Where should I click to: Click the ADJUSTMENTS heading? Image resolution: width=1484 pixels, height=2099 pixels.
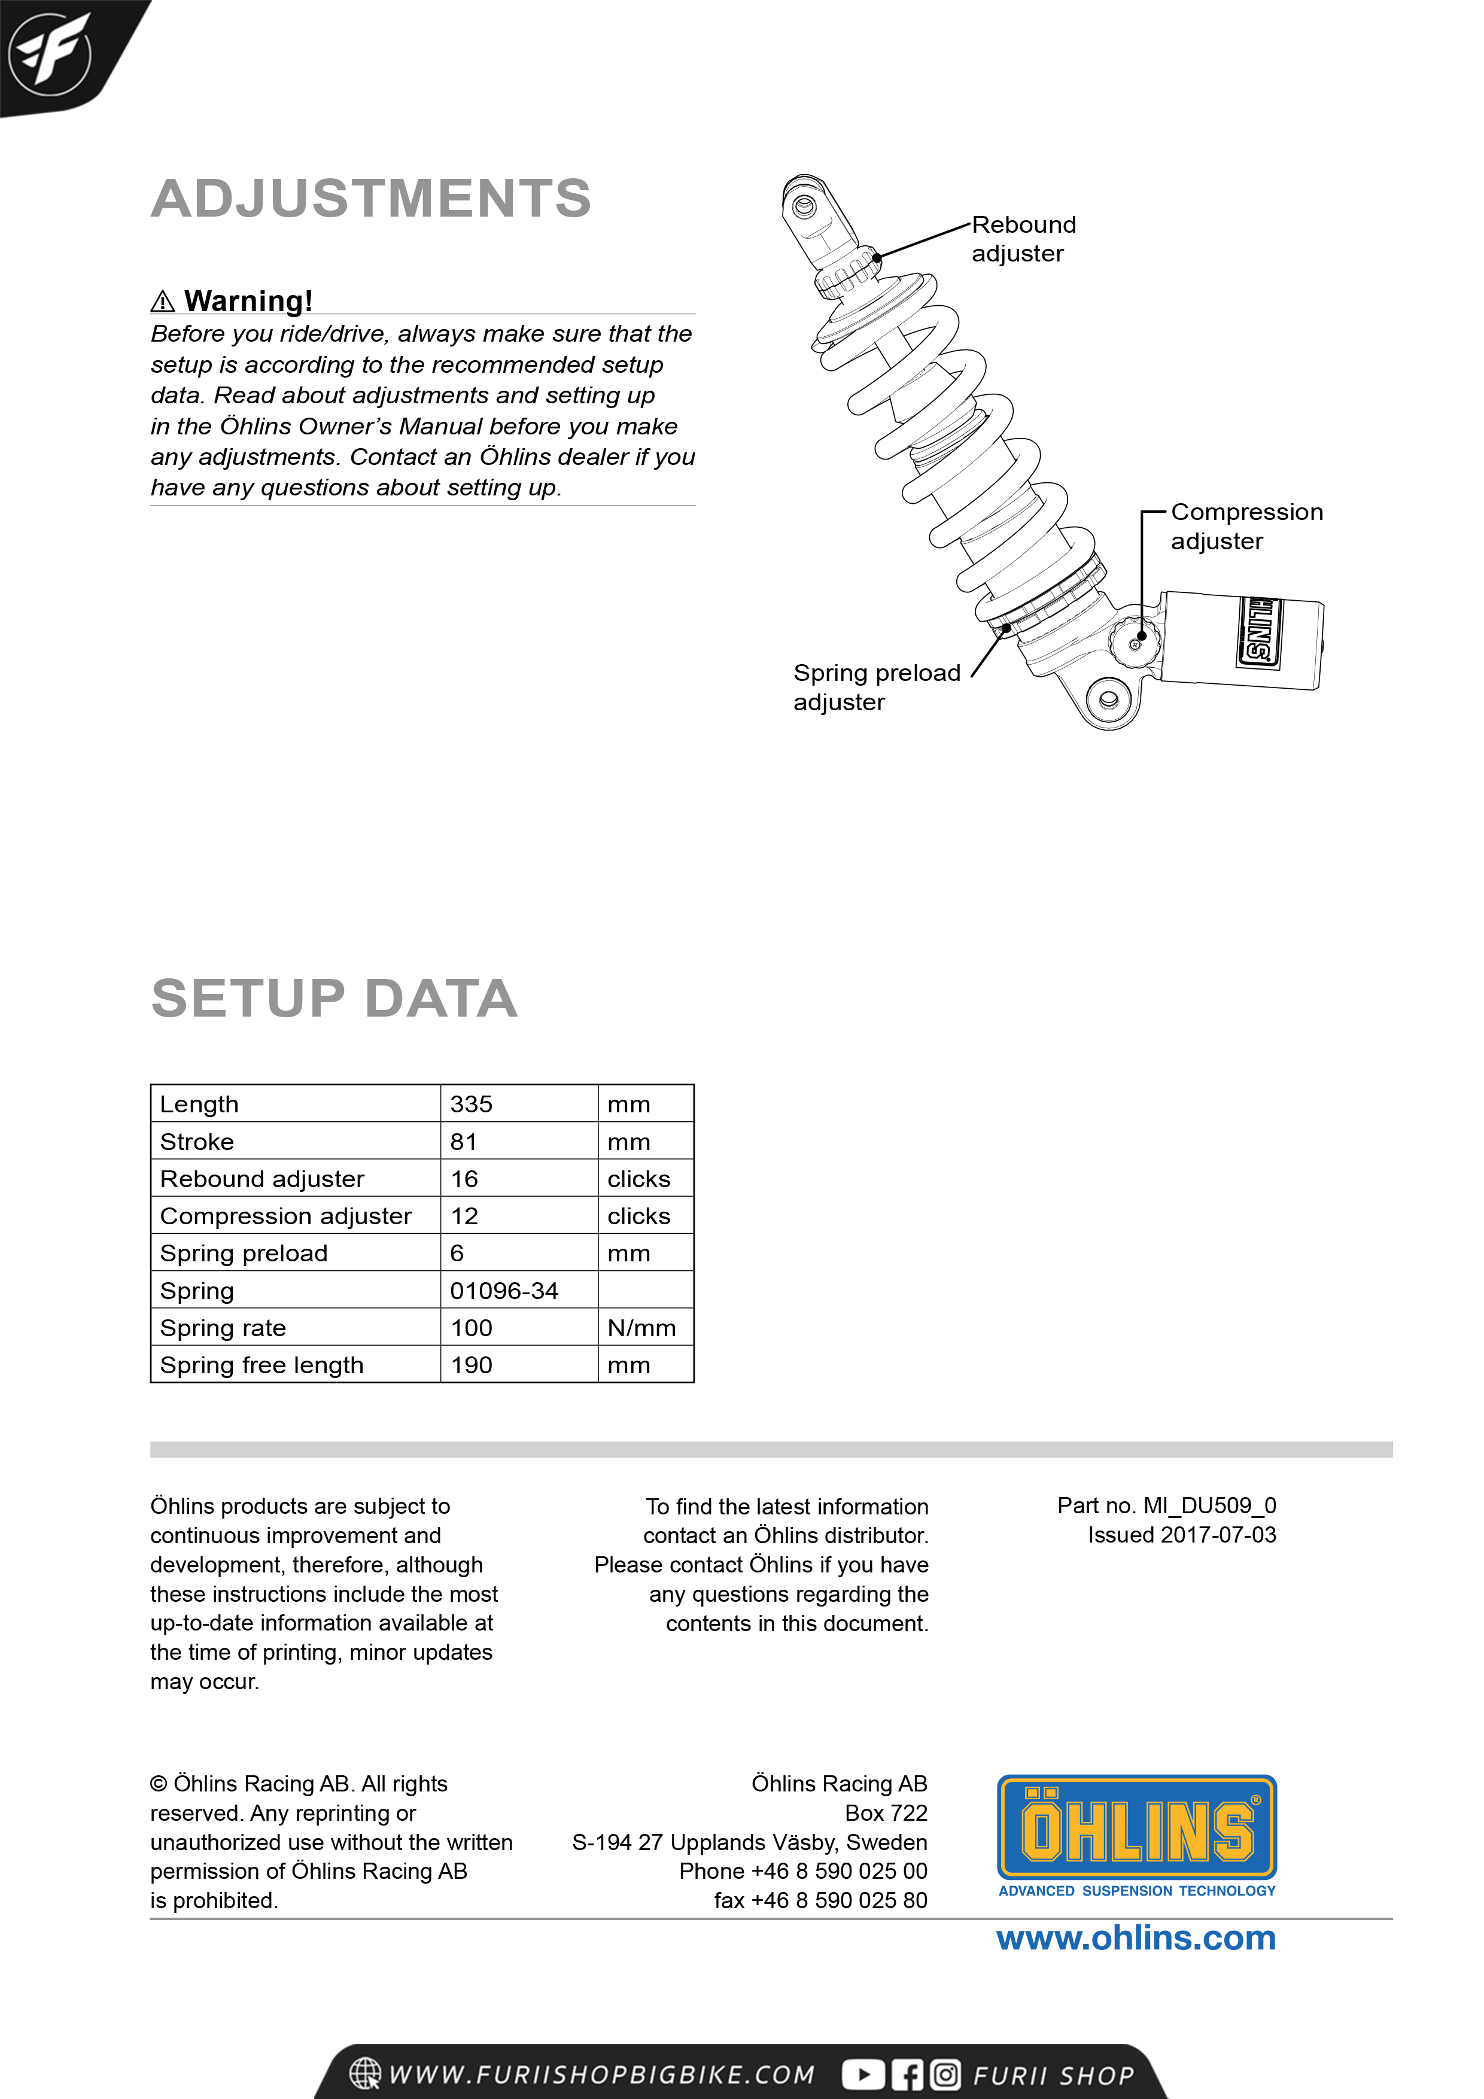coord(371,199)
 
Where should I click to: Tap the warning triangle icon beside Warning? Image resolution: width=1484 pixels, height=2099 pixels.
coord(163,301)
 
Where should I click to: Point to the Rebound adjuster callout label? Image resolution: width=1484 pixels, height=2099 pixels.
coord(1023,239)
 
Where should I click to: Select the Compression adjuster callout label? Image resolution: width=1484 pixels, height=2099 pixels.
coord(1246,527)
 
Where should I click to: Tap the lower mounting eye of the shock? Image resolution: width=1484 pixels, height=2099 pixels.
coord(1108,700)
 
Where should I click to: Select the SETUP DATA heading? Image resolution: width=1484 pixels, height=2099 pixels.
coord(334,997)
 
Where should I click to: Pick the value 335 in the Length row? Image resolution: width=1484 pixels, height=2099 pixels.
coord(471,1105)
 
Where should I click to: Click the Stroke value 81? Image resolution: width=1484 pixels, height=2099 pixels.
coord(464,1142)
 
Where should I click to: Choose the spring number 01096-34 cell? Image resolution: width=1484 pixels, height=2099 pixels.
coord(504,1291)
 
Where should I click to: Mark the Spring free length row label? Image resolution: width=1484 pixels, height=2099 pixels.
coord(261,1365)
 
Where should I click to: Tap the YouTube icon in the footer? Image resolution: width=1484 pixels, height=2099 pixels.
coord(862,2074)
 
